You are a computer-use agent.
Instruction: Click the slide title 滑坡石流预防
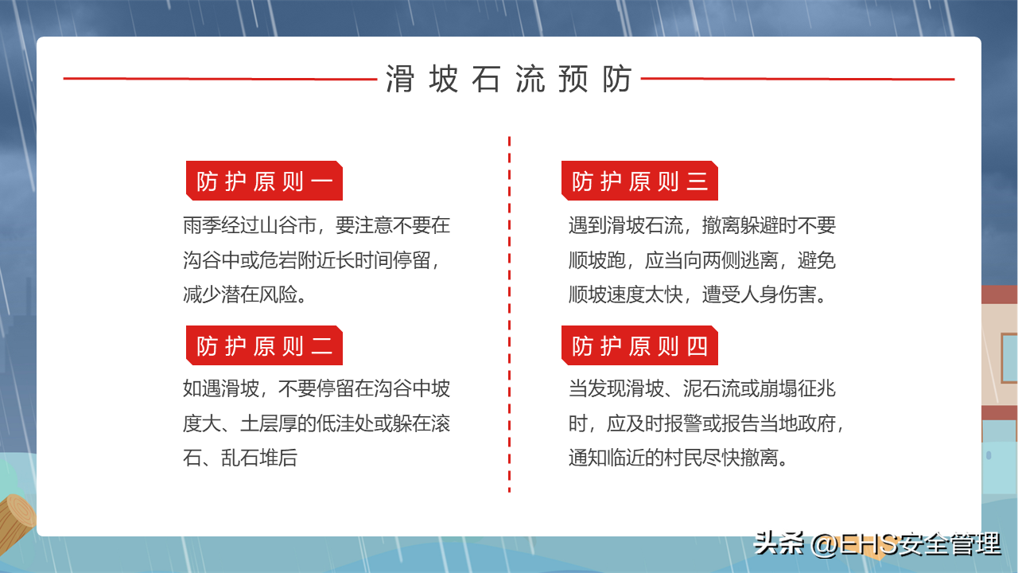click(x=509, y=79)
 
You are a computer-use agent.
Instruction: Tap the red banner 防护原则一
click(x=264, y=181)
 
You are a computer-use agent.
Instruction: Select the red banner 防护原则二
click(x=264, y=345)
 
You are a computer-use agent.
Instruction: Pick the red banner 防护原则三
click(x=639, y=181)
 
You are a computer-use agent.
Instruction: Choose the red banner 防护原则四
click(x=639, y=345)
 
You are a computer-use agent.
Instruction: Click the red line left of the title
click(x=220, y=79)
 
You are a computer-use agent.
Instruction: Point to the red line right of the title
click(x=798, y=79)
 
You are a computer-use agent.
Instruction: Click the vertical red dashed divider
click(x=510, y=314)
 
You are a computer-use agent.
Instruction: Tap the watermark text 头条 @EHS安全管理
click(x=877, y=544)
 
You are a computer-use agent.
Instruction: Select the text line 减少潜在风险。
click(x=244, y=294)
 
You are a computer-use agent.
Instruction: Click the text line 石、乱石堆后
click(x=240, y=458)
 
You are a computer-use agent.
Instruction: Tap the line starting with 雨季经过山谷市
click(x=317, y=225)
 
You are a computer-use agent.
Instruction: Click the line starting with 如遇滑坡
click(x=317, y=388)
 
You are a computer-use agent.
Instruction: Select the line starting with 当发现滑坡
click(x=701, y=388)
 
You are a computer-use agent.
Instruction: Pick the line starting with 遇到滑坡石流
click(x=701, y=225)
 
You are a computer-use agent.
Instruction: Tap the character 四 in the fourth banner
click(x=697, y=346)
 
